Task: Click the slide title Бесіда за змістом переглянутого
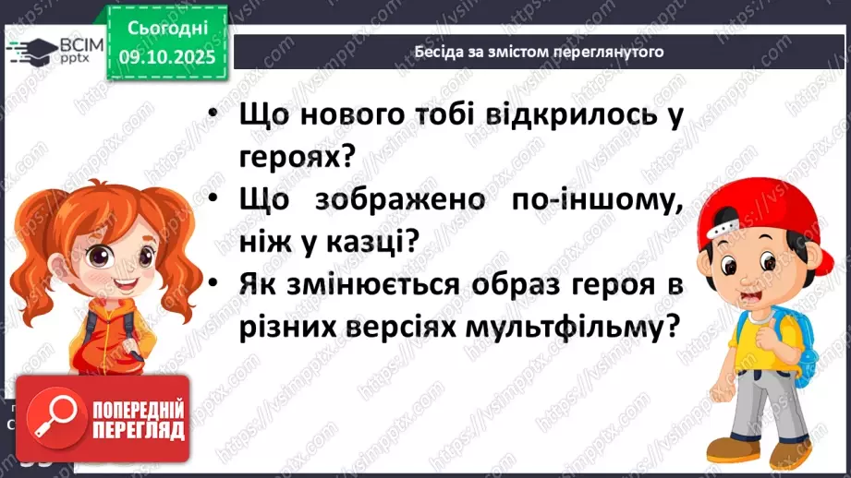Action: (540, 52)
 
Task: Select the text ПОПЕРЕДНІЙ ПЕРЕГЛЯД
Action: (137, 419)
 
